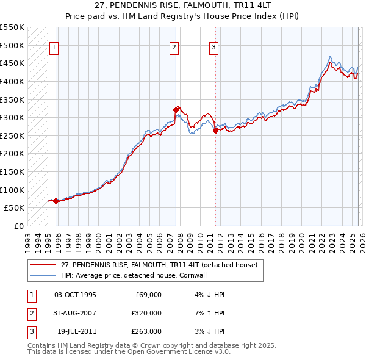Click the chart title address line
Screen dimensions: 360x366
[x=182, y=5]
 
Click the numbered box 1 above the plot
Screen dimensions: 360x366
[x=54, y=47]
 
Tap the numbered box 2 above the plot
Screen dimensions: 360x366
[x=174, y=47]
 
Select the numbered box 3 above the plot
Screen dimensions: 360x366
[x=214, y=47]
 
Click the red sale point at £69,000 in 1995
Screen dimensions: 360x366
[x=56, y=201]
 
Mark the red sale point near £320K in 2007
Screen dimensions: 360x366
[x=176, y=110]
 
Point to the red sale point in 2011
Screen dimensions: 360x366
[x=215, y=131]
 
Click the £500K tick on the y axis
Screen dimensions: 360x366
[x=12, y=45]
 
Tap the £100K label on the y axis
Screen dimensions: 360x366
[x=12, y=190]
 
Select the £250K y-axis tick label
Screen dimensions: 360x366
[x=12, y=135]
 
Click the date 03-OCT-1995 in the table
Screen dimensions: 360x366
[x=75, y=295]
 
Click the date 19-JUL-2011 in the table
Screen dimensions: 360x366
[x=75, y=331]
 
